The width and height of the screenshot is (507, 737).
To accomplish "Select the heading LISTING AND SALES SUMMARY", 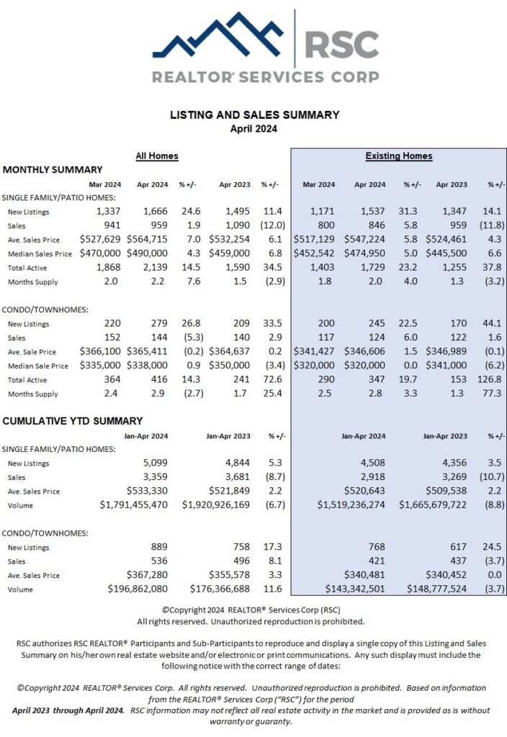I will pos(254,114).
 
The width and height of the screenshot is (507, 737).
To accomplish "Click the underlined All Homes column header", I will pos(157,155).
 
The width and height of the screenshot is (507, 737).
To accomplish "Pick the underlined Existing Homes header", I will pos(398,155).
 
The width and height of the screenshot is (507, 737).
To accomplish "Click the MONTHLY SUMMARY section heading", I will pos(53,170).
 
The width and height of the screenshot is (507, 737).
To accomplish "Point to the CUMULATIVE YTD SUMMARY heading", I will pos(73,420).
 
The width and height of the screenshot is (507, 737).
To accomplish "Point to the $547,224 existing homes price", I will pos(368,239).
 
